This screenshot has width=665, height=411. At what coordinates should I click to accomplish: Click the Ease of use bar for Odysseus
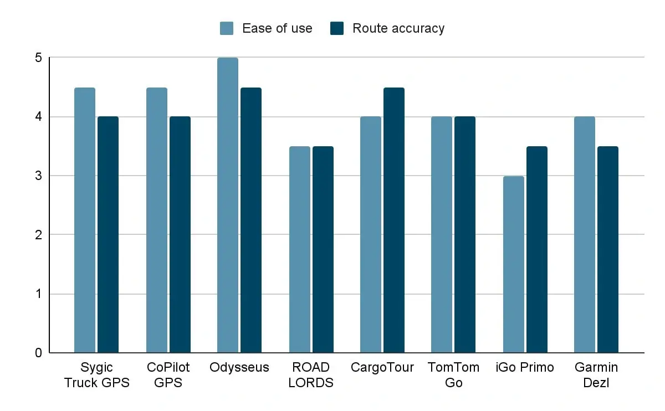(x=228, y=205)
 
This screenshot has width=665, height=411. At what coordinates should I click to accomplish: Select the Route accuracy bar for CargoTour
(x=394, y=220)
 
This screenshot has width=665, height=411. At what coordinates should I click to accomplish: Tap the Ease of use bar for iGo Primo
(x=514, y=264)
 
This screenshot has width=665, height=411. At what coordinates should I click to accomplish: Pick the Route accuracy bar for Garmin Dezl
(x=608, y=249)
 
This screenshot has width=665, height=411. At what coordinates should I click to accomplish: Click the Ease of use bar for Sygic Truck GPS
(x=85, y=220)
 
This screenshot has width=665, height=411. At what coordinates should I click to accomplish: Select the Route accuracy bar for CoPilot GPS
(x=180, y=234)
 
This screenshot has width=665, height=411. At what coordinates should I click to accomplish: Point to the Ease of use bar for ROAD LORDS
(x=300, y=249)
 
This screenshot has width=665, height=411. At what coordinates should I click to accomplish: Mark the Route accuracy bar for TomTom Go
(x=465, y=234)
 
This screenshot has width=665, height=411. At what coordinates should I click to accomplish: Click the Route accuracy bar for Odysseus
(x=251, y=220)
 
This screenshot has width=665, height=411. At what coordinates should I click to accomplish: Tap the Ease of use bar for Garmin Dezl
(x=585, y=234)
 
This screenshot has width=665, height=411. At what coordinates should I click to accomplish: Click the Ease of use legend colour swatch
(x=227, y=28)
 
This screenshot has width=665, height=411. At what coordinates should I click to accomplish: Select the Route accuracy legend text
(x=398, y=28)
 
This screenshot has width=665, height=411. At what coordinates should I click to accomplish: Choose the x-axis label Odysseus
(x=239, y=367)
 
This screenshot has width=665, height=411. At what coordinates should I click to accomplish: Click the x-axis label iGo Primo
(x=525, y=367)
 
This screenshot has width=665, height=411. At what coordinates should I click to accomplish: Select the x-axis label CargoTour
(x=382, y=367)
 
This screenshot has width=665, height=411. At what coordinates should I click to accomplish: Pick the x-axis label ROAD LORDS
(x=311, y=374)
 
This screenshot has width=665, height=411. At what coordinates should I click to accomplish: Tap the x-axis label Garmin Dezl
(x=596, y=374)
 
